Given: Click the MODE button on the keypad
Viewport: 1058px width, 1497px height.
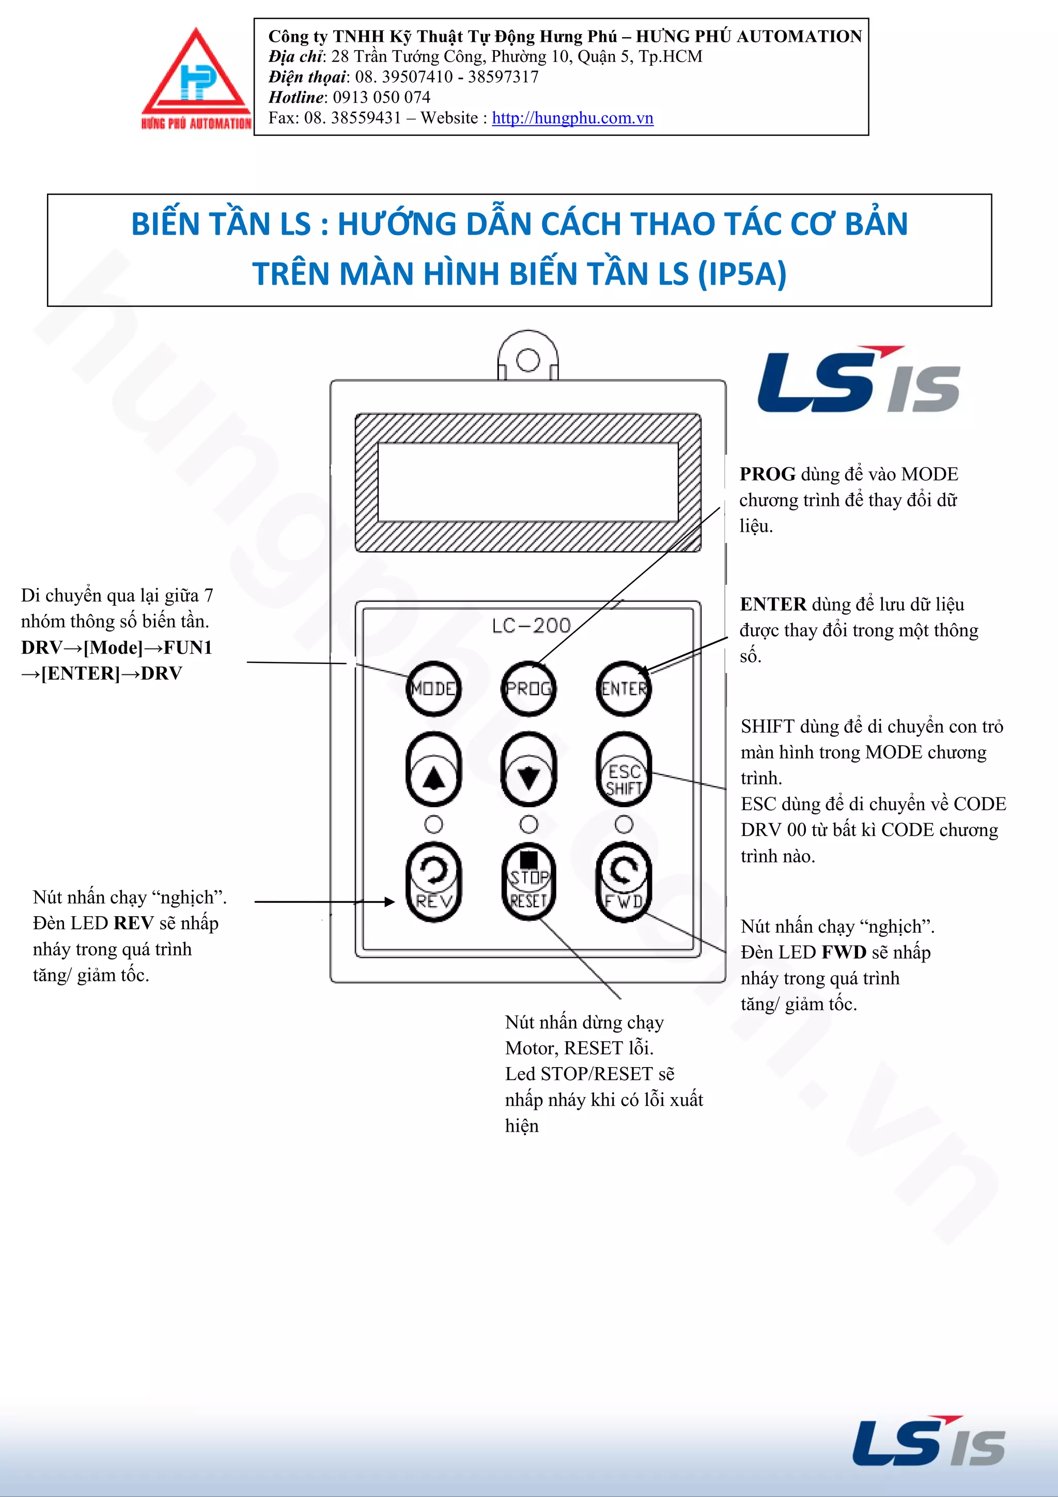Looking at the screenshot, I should (x=433, y=688).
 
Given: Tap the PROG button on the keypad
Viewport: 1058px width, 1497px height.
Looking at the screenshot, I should (x=528, y=688).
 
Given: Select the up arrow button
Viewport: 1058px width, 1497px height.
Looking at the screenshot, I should (x=433, y=769).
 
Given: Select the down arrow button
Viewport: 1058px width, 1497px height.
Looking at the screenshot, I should (x=528, y=769).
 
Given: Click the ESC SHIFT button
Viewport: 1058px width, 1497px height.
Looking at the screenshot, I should (x=624, y=770).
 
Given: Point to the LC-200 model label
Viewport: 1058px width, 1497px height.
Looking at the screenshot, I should (x=531, y=626).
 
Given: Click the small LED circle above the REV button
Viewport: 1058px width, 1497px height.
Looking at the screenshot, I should (x=433, y=825).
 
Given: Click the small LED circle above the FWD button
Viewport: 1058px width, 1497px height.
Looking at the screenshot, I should (x=624, y=825).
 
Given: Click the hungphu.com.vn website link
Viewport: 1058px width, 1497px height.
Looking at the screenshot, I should (x=572, y=118).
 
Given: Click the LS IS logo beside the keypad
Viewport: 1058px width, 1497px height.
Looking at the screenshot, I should (x=859, y=381).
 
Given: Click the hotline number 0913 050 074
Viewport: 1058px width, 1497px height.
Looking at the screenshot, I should (x=381, y=97).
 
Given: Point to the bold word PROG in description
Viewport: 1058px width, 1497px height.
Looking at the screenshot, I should (x=767, y=474).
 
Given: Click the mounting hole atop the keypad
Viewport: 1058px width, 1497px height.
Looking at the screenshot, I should (x=528, y=360).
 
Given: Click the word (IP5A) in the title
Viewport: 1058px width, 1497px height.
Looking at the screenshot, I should (x=742, y=273).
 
